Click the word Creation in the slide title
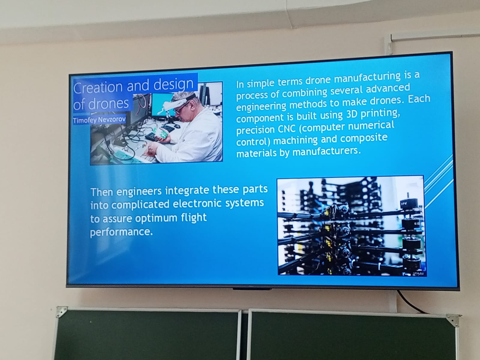98,87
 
